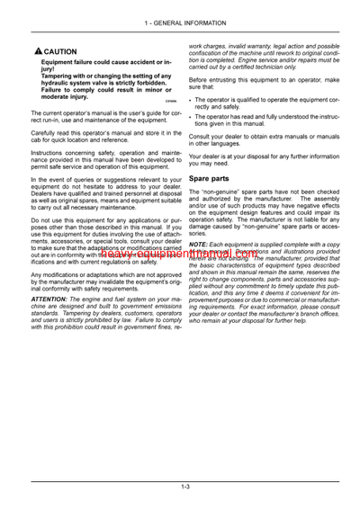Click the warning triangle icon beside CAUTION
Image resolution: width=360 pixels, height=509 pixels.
click(35, 52)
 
